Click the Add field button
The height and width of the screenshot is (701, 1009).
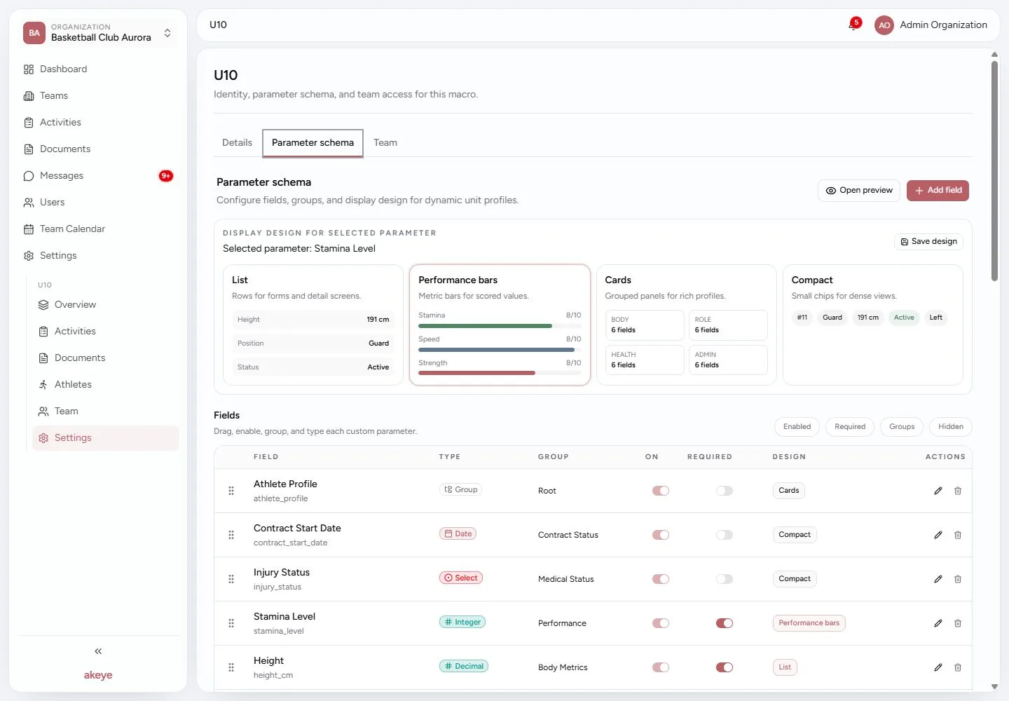coord(938,190)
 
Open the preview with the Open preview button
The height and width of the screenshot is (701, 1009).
coord(858,190)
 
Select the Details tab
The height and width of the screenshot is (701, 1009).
coord(237,142)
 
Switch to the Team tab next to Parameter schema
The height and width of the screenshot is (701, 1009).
coord(385,142)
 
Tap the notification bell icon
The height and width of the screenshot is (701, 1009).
coord(853,25)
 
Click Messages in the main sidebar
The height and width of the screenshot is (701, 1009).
coord(61,176)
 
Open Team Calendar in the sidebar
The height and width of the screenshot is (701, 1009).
coord(72,229)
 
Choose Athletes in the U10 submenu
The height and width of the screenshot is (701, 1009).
coord(73,384)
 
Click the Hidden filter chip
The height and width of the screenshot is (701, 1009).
coord(950,427)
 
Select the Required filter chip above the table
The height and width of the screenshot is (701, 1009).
coord(849,427)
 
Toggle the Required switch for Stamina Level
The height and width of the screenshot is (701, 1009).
coord(725,623)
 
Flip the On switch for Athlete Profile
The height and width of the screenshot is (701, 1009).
coord(660,491)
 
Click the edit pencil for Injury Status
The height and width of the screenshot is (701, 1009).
coord(938,579)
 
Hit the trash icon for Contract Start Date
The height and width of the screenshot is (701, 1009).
coord(958,535)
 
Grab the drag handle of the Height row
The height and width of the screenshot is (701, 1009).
coord(231,667)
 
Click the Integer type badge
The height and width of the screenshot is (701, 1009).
coord(462,622)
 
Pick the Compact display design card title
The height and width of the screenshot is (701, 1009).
coord(811,280)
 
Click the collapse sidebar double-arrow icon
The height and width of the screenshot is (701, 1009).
coord(98,651)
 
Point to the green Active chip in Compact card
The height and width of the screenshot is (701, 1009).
coord(904,317)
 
